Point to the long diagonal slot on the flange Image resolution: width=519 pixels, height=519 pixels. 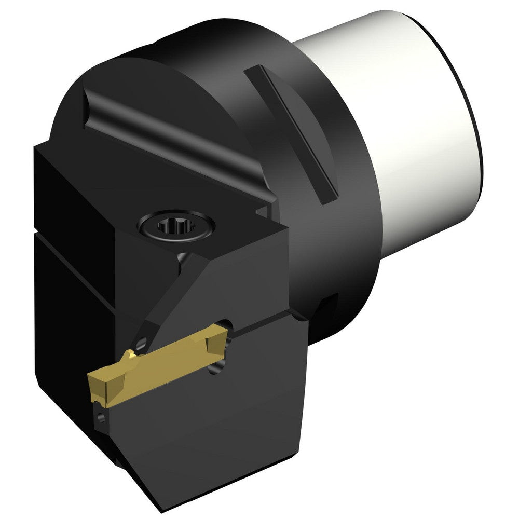click(x=293, y=132)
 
